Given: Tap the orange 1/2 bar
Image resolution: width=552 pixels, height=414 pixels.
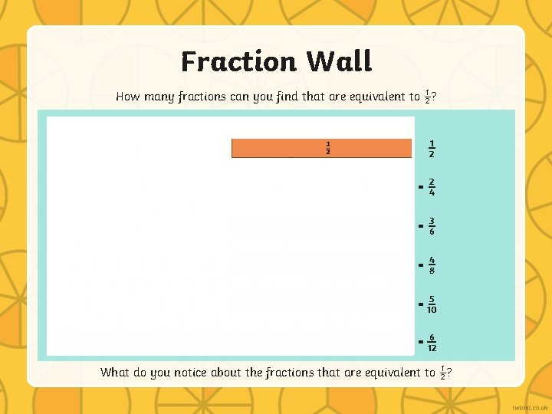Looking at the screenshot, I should pos(322,148).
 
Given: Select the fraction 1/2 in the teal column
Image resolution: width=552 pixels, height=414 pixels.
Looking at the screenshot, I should pos(432,149).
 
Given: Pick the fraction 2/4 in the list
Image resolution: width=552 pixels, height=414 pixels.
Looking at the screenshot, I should pos(432,187).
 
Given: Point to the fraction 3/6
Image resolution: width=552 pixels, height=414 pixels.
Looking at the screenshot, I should pos(432,226).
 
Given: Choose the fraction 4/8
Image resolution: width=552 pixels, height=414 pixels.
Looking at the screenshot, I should pos(432,265).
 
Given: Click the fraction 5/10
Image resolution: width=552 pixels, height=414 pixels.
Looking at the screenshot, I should pos(432,304).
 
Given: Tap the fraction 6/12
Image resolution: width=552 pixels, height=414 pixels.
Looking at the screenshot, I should pos(432,343).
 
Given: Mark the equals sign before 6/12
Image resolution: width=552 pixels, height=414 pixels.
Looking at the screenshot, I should pos(420,342).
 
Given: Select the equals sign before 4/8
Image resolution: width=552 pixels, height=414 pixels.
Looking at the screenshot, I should pos(420,265).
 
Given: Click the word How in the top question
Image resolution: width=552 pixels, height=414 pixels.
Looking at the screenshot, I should pos(127,97).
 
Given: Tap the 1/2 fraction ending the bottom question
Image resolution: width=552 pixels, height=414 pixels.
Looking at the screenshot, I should pos(442,373).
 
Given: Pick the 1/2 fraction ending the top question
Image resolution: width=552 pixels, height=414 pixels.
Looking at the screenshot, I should pos(428,97).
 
